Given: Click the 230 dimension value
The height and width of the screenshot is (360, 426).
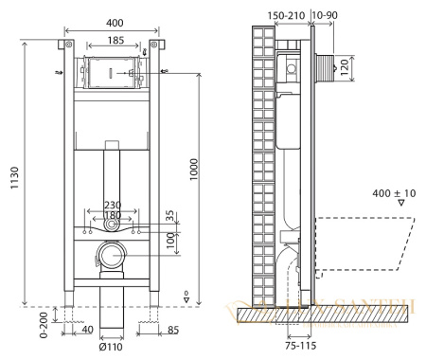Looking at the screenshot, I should [x=113, y=205].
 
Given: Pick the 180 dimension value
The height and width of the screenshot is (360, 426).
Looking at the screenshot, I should [x=112, y=216].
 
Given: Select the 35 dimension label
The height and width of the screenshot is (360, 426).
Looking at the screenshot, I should [x=169, y=216].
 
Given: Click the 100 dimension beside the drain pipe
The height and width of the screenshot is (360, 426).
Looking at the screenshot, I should [x=170, y=242].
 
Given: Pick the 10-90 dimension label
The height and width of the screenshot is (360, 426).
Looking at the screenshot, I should [x=328, y=17].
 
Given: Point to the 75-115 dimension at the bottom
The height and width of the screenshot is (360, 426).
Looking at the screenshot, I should [x=301, y=347].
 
